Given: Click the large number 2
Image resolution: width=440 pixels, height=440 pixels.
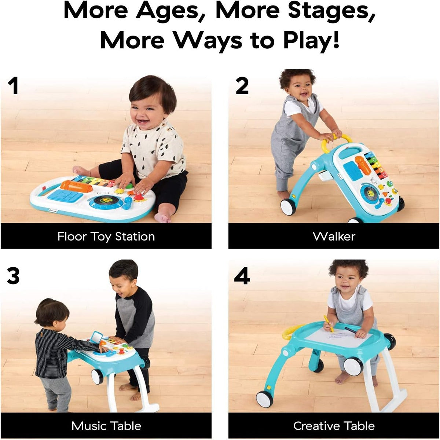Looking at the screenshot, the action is coord(242,86).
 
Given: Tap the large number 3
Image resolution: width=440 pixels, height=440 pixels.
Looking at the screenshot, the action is coord(13,276).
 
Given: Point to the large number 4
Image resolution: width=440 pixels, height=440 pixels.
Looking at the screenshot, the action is coord(242,276).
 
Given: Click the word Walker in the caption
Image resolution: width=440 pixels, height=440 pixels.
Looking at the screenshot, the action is coord(334,236).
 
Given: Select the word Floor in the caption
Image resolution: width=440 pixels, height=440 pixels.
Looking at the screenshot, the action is coord(72,236).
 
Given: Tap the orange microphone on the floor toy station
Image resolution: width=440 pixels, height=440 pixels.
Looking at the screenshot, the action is coord(76,186).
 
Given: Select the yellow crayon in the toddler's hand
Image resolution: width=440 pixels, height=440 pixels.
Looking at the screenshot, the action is coord(328,323).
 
